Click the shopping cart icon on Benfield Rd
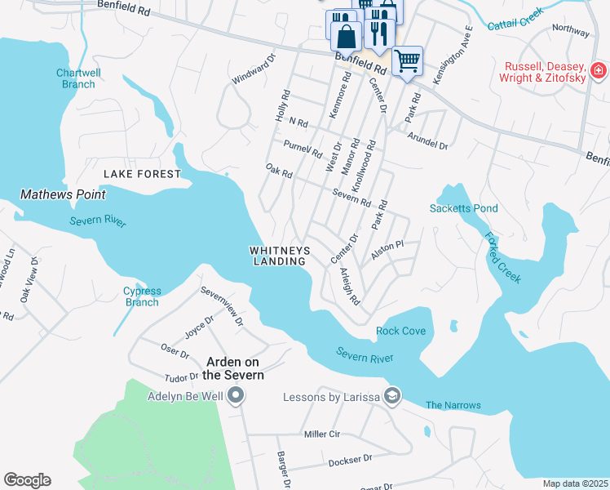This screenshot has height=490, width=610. point(407,60)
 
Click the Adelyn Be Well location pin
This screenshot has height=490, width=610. point(236,397)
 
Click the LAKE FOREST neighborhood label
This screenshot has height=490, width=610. point(142,174)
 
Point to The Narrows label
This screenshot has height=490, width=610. point(453,405)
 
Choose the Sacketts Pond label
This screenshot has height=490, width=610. point(463,208)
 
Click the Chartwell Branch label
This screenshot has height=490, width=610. point(78,78)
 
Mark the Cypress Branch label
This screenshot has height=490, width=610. point(142,296)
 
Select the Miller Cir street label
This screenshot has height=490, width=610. point(320,434)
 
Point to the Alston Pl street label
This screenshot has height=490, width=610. point(387,250)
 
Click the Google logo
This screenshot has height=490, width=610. point(27,479)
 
